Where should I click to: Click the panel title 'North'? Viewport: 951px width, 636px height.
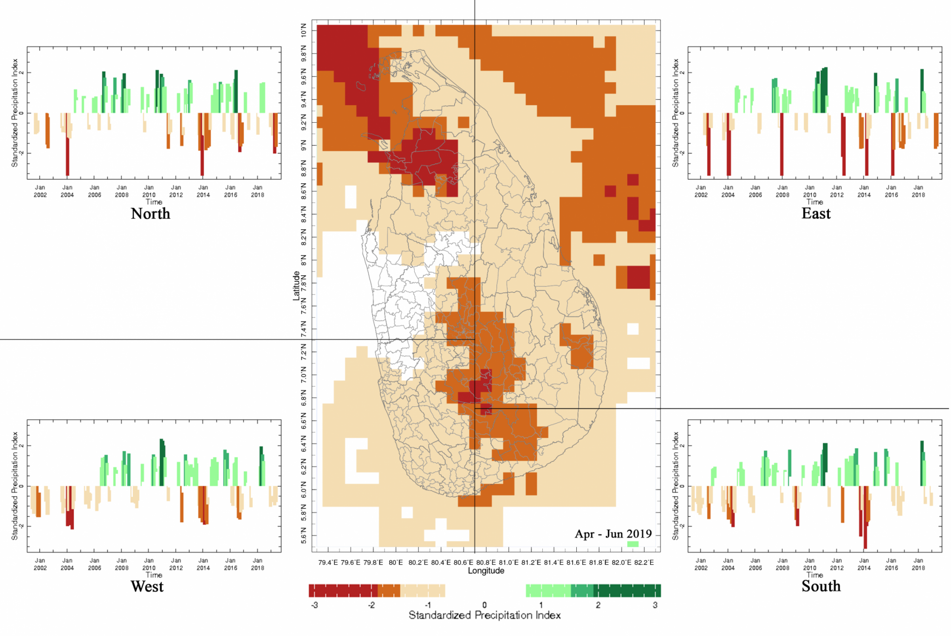point(150,213)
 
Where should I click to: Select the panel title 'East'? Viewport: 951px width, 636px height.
point(816,213)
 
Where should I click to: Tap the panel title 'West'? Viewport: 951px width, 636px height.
point(147,586)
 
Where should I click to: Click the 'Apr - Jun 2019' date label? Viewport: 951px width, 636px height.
point(613,534)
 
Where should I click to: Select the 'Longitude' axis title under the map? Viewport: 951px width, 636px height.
point(486,571)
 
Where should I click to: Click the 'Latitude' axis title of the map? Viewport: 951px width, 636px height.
point(296,286)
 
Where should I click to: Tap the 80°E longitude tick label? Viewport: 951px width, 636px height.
point(396,563)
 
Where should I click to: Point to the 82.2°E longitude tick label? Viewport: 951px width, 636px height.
point(644,563)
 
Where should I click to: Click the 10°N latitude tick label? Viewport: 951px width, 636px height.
point(304,30)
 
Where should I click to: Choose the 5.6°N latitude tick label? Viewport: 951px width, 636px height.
point(304,536)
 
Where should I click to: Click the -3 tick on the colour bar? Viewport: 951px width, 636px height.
point(314,605)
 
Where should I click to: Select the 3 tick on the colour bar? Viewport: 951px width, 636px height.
point(655,605)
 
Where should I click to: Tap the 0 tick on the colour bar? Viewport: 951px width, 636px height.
point(484,605)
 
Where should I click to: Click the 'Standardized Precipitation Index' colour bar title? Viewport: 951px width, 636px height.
point(484,616)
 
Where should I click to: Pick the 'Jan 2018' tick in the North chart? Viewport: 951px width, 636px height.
point(258,191)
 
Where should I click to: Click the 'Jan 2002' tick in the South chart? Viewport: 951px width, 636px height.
point(701,564)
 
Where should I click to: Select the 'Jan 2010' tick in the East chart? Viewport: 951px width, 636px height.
point(809,191)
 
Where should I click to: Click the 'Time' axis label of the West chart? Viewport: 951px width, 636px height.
point(154,575)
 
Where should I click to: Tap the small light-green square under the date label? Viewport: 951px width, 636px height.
point(633,544)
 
